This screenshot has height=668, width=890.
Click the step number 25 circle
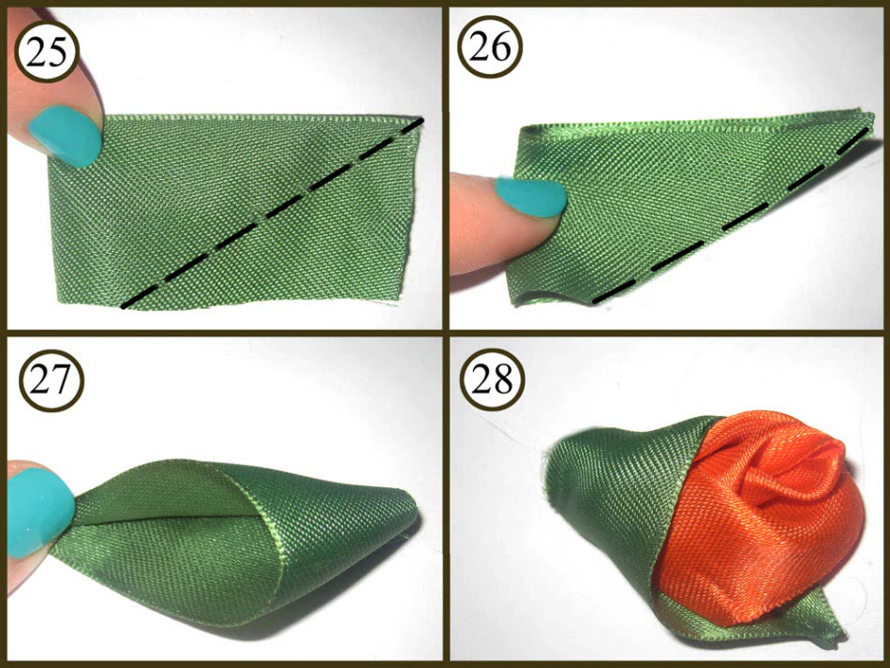click(x=46, y=52)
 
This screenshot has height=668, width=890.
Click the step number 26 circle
click(x=489, y=46)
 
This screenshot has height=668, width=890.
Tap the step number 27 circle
click(x=52, y=379)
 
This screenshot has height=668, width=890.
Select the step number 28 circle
click(x=492, y=379)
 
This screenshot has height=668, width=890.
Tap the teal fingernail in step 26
click(x=530, y=197)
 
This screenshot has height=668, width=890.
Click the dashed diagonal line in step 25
click(x=273, y=214)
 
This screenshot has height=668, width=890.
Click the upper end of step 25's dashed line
click(x=421, y=120)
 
